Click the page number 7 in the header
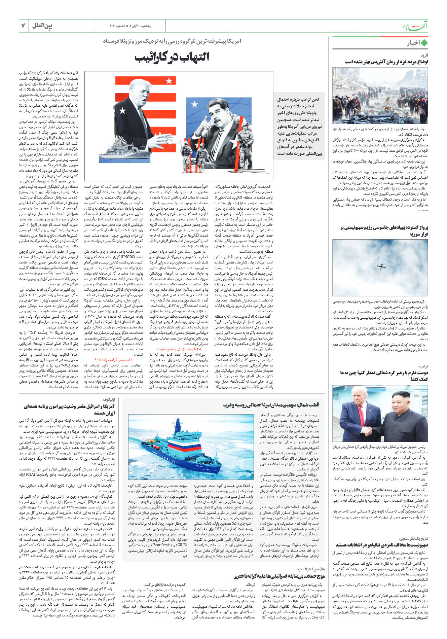23,26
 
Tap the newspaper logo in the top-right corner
416,26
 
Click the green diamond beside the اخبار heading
424,43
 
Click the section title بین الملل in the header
42,26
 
